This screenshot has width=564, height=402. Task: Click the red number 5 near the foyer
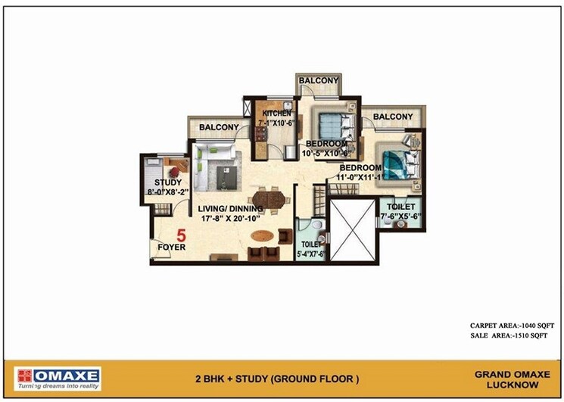click(x=182, y=235)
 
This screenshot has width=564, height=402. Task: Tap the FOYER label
click(x=171, y=247)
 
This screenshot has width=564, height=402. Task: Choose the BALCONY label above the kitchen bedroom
click(x=318, y=80)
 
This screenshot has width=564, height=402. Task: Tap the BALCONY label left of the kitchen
click(x=219, y=128)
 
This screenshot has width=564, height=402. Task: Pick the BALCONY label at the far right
click(x=393, y=117)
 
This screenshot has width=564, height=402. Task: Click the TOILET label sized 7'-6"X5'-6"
click(x=400, y=207)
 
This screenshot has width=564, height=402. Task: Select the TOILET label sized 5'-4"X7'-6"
click(x=311, y=245)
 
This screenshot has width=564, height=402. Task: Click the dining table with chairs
click(x=270, y=201)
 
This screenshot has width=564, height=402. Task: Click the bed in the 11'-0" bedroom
click(x=397, y=164)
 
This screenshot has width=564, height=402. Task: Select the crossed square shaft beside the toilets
click(x=352, y=230)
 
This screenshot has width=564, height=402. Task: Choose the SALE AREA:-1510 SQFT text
click(x=508, y=335)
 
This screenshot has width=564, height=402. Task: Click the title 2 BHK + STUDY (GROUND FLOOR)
click(x=277, y=379)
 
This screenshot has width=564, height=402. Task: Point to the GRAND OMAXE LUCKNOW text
click(x=506, y=379)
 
